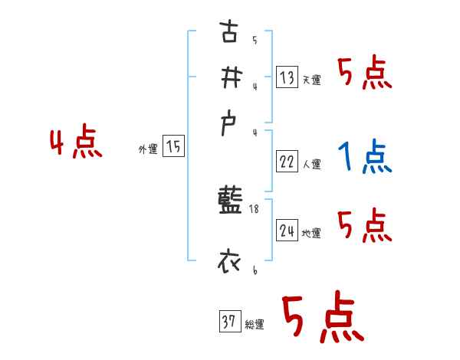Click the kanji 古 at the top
(228, 34)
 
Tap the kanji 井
(228, 77)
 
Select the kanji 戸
(228, 123)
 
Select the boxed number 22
(287, 161)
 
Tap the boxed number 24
(287, 230)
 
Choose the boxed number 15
(173, 146)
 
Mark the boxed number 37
(228, 322)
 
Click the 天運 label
(311, 79)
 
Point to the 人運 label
(311, 164)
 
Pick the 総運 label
(254, 325)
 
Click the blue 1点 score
(365, 157)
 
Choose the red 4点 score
(76, 143)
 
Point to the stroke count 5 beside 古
(255, 41)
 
